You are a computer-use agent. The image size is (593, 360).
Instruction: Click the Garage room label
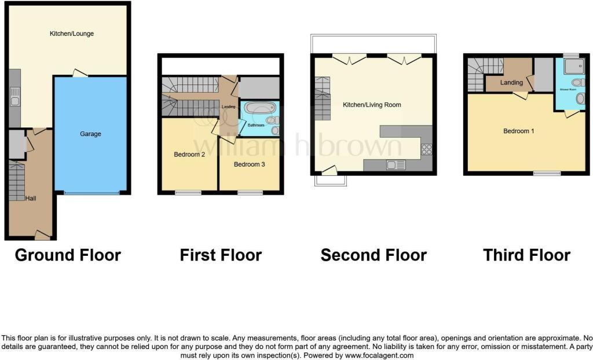click(x=90, y=134)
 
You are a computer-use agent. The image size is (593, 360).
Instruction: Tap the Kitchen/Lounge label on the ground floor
click(x=71, y=34)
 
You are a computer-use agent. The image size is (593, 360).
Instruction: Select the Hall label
click(x=31, y=198)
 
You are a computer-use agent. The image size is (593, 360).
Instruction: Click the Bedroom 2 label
click(x=189, y=155)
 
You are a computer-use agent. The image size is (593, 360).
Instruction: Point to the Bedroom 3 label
click(x=249, y=164)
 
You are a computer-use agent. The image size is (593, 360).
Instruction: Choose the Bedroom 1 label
click(x=518, y=131)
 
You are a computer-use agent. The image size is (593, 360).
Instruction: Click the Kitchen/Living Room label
click(x=372, y=105)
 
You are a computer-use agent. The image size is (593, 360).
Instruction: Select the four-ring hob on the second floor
click(x=426, y=149)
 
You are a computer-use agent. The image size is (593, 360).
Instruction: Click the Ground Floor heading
click(x=68, y=255)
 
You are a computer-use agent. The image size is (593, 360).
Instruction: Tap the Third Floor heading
click(x=526, y=255)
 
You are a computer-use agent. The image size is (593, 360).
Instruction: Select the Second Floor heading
click(x=374, y=255)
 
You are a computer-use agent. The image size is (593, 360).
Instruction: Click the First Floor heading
click(x=221, y=255)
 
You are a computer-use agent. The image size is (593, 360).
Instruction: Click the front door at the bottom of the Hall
click(x=42, y=235)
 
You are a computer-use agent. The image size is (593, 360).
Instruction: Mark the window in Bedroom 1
click(x=547, y=173)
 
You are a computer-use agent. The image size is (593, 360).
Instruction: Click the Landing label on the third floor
click(x=512, y=83)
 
